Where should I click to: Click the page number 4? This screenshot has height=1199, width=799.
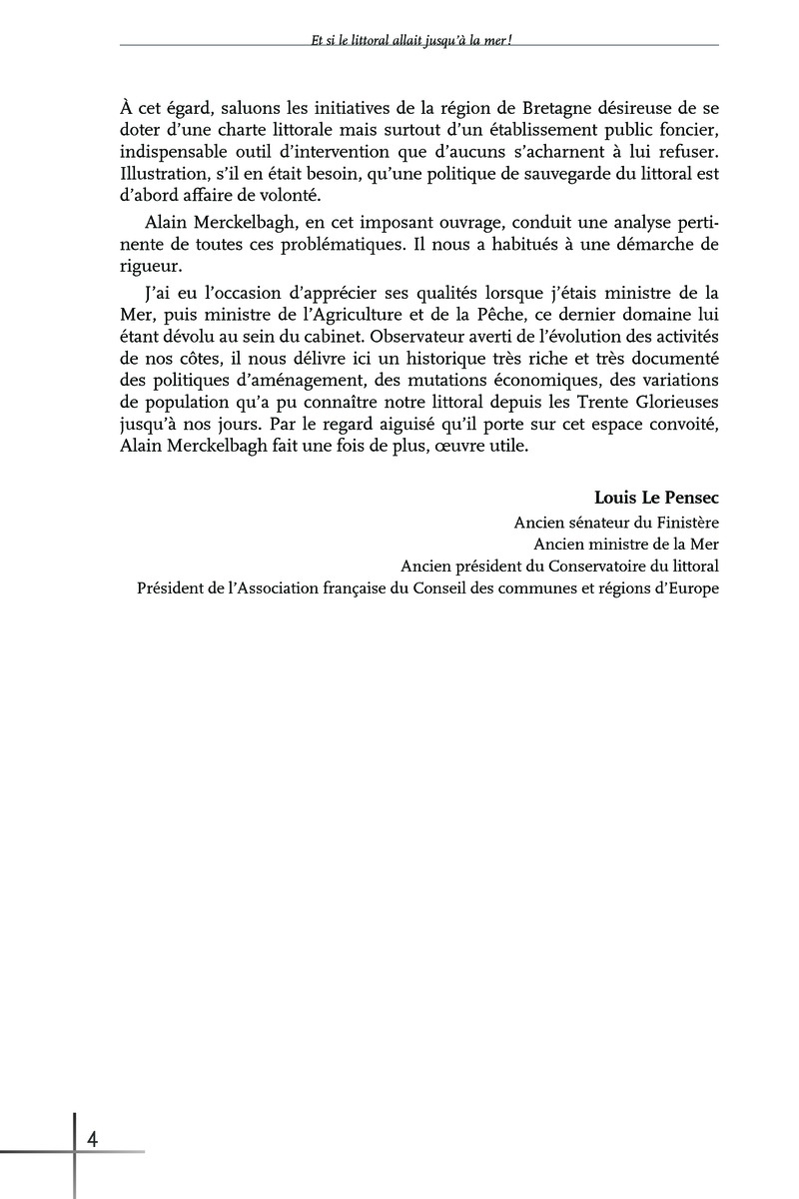tap(92, 1139)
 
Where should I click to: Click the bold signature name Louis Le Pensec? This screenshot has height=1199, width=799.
tap(656, 498)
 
